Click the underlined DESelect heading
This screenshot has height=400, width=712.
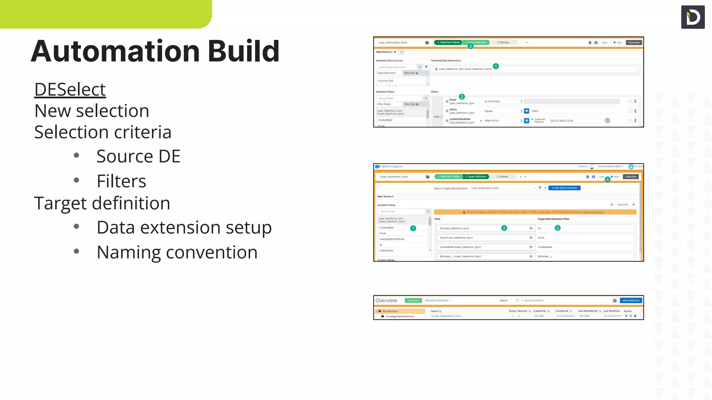coord(70,90)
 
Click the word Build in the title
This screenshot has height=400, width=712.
coord(243,51)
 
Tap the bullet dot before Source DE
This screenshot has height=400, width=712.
coord(76,156)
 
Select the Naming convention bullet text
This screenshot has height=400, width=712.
coord(177,252)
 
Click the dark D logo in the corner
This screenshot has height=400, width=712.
coord(693,17)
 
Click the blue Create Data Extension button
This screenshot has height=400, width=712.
coord(564,188)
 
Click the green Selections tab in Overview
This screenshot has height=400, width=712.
coord(413,300)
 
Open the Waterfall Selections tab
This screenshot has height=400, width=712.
coord(437,300)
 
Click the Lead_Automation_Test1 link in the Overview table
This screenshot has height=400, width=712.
coord(447,316)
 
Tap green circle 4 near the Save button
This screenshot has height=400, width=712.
coord(607,180)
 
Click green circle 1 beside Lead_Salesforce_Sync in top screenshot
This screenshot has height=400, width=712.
coord(496,66)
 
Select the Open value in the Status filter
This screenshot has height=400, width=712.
coord(535,111)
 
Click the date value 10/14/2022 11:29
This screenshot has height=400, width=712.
coord(561,121)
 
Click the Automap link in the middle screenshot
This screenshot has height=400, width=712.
coord(623,205)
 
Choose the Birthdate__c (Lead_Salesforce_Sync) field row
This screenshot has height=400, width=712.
coord(460,257)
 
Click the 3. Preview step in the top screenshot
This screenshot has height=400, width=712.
coord(503,42)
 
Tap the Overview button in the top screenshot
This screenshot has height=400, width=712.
coord(634,42)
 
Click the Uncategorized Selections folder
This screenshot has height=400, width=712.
coord(400,316)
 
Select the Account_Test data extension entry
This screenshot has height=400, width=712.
coord(386,81)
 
